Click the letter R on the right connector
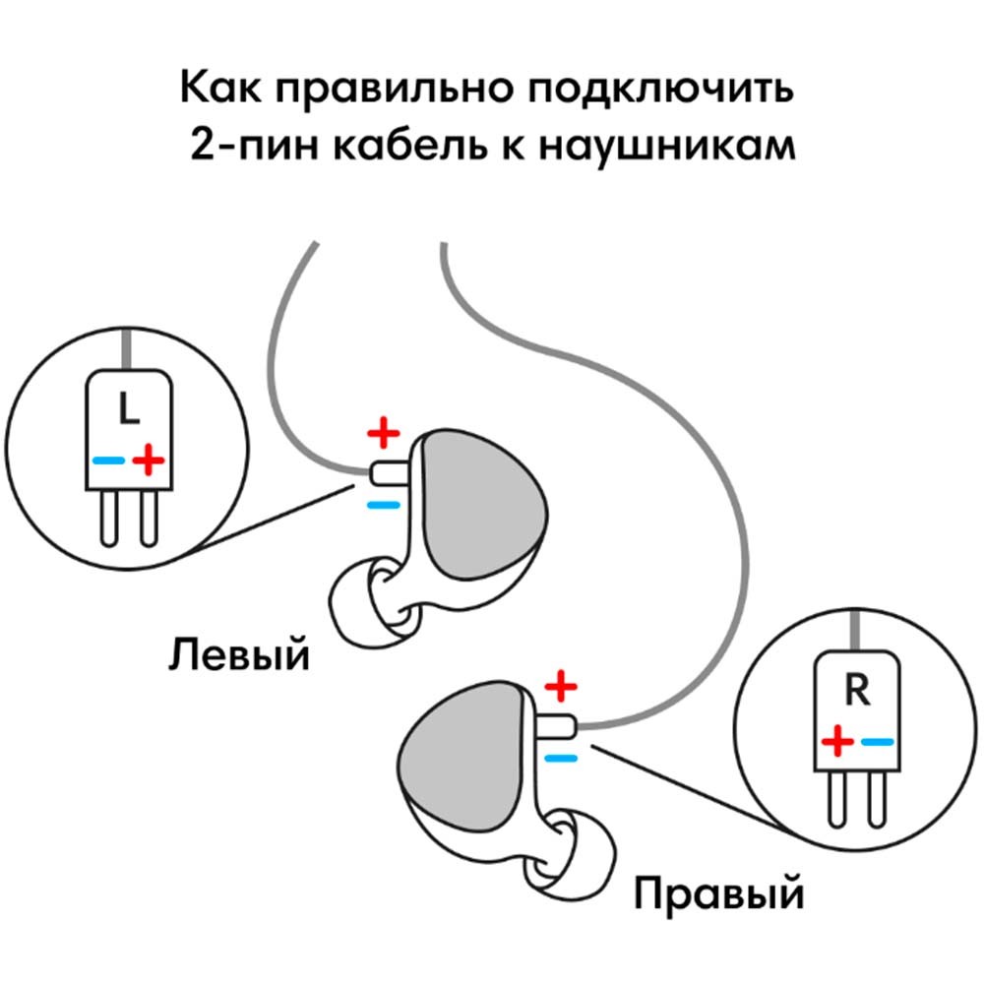pos(856,692)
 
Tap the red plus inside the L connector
pos(149,459)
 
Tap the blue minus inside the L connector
pos(108,460)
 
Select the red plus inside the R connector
pos(837,740)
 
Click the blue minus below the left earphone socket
pos(384,505)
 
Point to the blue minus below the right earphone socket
pos(560,757)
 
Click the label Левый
pos(238,653)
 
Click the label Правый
pos(718,895)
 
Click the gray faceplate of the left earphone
pos(482,512)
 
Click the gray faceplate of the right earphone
pos(458,758)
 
